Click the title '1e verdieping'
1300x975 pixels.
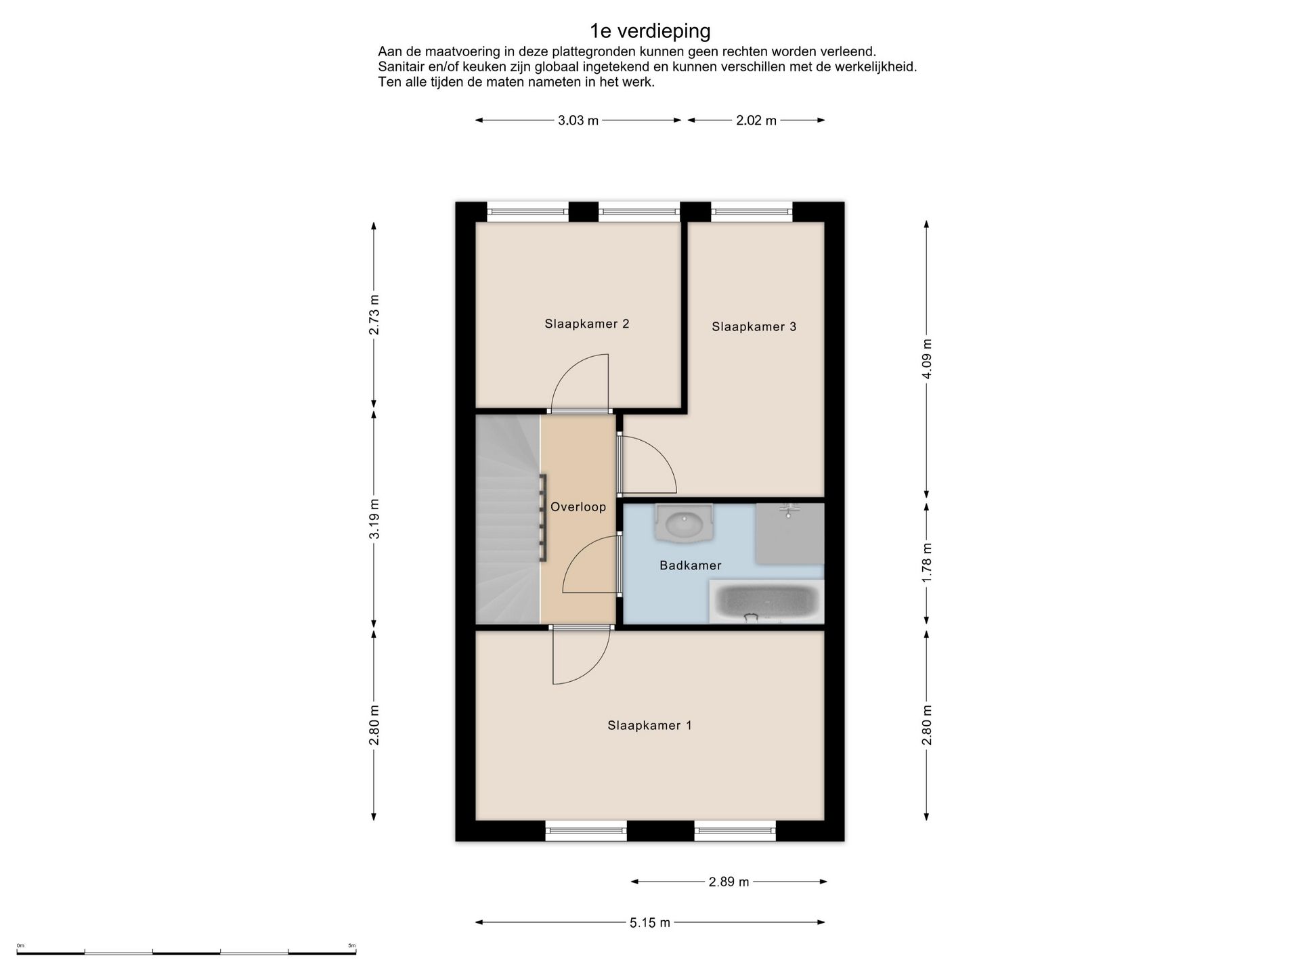(x=650, y=31)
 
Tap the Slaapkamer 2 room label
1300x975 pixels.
(x=587, y=324)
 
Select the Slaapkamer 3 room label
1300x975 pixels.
(x=754, y=327)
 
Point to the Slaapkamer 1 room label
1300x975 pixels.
(x=649, y=725)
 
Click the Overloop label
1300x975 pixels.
(x=578, y=507)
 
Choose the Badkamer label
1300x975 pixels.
(x=691, y=565)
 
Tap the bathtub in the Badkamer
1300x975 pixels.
(x=766, y=601)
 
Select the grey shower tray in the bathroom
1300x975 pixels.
(x=790, y=534)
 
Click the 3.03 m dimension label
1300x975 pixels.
(x=578, y=121)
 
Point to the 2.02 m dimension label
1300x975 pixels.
(x=756, y=121)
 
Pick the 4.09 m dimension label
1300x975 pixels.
(x=927, y=359)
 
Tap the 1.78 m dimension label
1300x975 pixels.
(x=927, y=562)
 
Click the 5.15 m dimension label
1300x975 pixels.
(x=650, y=922)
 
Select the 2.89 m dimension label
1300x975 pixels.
(x=729, y=882)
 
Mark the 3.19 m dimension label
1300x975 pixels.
(x=374, y=519)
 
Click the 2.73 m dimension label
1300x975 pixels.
(x=374, y=316)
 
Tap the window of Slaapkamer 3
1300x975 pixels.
(x=752, y=212)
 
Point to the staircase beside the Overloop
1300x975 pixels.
(x=508, y=519)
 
